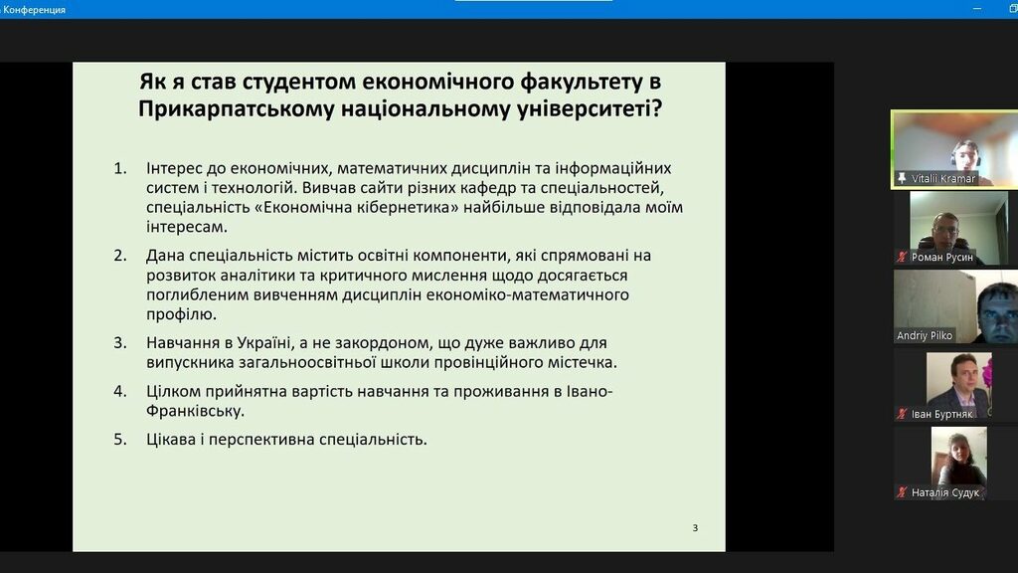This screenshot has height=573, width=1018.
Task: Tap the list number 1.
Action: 120,168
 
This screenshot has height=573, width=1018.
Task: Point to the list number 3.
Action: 120,342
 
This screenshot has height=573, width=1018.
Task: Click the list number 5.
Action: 120,439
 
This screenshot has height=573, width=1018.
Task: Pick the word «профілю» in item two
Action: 181,314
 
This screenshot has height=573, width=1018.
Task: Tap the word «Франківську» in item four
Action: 195,411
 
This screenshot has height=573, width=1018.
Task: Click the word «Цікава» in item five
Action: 170,439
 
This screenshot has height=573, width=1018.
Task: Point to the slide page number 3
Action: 695,527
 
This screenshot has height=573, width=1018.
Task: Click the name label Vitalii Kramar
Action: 943,179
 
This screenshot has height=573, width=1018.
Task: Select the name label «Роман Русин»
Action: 942,258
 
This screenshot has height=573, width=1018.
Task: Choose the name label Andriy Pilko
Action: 925,336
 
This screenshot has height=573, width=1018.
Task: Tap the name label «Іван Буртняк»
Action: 942,415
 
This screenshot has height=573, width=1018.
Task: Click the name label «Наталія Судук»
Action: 945,493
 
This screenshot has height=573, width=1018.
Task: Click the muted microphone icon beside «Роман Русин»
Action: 902,258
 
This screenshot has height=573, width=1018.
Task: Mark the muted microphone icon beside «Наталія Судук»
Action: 902,493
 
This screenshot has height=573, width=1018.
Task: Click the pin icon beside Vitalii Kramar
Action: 902,178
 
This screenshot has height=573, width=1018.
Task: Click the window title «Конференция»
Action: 34,10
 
